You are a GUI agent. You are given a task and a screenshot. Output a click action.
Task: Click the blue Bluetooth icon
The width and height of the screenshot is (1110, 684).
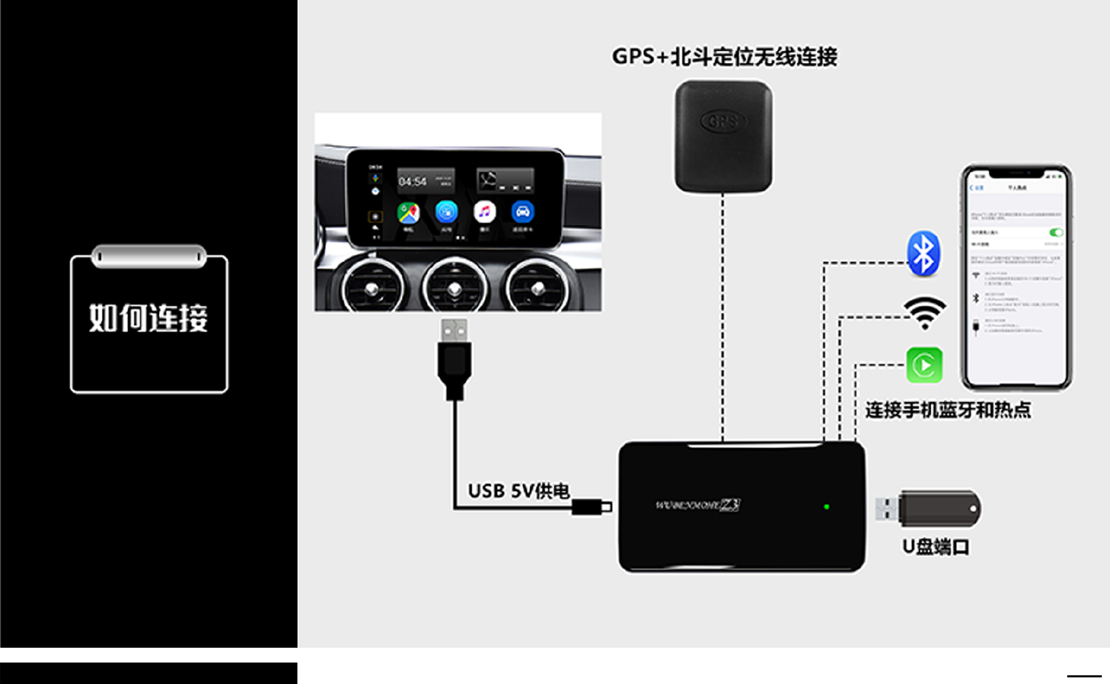point(924,254)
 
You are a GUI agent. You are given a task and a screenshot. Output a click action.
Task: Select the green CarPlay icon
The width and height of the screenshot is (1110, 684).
point(924,365)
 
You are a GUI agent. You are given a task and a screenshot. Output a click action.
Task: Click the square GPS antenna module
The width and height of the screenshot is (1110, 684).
point(723,136)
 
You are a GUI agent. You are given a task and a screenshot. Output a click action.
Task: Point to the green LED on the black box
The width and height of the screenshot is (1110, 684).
point(827,507)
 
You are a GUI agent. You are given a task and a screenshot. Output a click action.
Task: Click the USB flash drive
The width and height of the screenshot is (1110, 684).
point(929,509)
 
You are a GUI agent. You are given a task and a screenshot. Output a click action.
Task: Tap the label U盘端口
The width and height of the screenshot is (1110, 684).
point(935,547)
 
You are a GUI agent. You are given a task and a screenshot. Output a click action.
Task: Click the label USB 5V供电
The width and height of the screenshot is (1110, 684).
point(519,491)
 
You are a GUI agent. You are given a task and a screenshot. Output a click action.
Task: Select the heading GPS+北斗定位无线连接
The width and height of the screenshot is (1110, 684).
point(724,57)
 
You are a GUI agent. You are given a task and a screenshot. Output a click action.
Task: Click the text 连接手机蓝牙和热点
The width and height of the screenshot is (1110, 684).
point(948,410)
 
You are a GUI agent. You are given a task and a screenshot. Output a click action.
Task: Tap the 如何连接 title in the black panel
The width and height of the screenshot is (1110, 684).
point(149,318)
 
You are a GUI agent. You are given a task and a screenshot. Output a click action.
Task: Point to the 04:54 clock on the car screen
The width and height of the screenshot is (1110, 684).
point(412,181)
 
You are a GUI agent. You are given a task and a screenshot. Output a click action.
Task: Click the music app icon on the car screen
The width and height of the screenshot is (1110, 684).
point(485,212)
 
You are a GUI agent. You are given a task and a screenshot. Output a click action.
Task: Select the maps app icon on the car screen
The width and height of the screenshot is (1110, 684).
point(408,212)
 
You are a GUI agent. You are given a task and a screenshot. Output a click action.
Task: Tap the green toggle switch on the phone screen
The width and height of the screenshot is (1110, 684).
point(1055,232)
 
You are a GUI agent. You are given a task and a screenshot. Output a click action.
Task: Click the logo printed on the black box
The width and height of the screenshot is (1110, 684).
point(697,506)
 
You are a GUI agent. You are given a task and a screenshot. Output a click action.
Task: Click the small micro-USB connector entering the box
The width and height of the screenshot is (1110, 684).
point(593,507)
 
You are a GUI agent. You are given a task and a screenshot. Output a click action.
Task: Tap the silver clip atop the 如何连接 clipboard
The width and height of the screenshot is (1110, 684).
point(149,256)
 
